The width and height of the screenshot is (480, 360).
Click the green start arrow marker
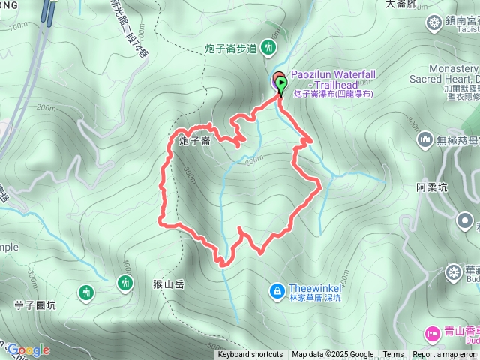point(281,86)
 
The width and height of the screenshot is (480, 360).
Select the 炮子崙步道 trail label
point(231,49)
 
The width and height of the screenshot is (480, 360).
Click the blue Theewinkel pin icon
point(277,289)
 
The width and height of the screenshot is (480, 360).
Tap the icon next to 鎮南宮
point(433,22)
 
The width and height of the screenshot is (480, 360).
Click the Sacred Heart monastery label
point(442,77)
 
